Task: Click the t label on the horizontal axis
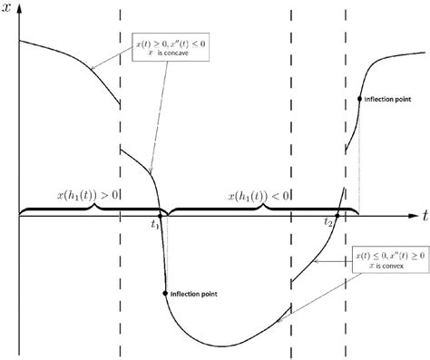[x=424, y=214]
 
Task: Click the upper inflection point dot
[x=360, y=98]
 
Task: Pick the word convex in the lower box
[x=393, y=270]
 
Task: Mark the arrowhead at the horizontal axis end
[x=410, y=216]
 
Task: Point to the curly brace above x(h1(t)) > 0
[x=87, y=209]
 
